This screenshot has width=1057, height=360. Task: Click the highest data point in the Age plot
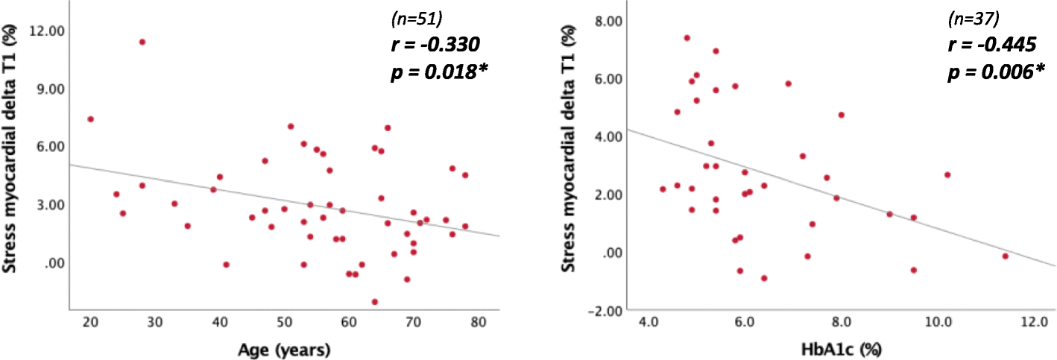point(142,42)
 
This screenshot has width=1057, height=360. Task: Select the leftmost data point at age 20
point(90,119)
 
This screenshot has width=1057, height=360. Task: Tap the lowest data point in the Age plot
point(375,302)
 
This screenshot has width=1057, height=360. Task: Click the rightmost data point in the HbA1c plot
point(1005,256)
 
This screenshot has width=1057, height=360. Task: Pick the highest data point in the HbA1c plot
point(687,38)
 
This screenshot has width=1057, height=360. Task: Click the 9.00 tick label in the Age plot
point(47,89)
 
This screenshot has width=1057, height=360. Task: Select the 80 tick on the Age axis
point(478,321)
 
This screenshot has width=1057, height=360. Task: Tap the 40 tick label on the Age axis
point(219,321)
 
